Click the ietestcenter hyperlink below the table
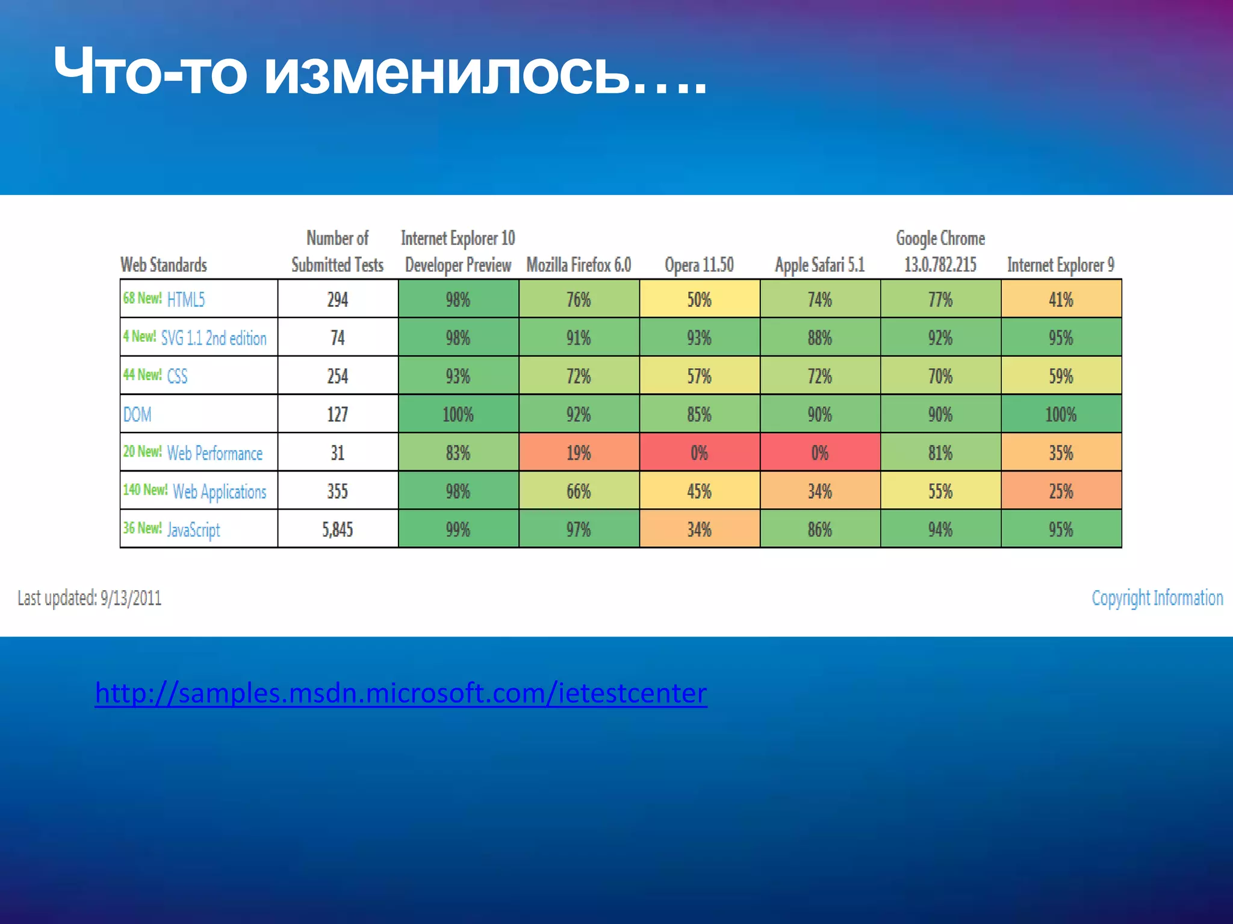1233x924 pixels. (401, 693)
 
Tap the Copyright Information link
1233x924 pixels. (1157, 598)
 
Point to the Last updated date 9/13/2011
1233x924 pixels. (90, 598)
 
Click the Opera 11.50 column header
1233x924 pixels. (699, 265)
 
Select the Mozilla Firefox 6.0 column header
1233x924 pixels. (579, 265)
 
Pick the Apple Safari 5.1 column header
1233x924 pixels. (819, 265)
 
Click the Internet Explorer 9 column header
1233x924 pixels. (1061, 265)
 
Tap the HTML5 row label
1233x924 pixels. (186, 299)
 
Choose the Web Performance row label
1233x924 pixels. (214, 453)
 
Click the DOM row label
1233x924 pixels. (137, 414)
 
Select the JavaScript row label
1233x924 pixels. (193, 529)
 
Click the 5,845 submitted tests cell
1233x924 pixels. (337, 529)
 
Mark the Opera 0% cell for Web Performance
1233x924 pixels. (699, 452)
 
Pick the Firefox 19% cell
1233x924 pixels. (579, 452)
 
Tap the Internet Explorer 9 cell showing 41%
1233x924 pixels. (1061, 299)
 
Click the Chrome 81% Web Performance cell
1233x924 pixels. (940, 452)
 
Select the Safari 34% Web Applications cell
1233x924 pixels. (819, 491)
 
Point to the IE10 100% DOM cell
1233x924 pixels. (458, 414)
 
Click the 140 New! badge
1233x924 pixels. (145, 490)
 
